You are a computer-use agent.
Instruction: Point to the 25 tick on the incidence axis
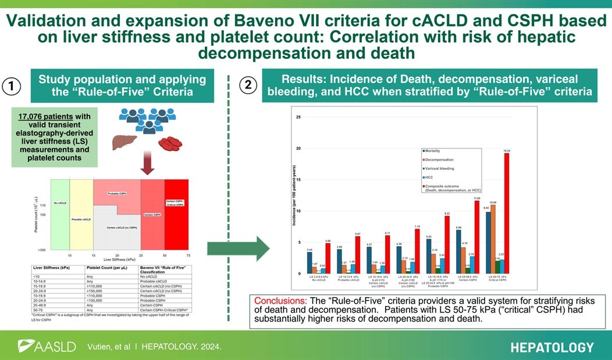tap(298, 117)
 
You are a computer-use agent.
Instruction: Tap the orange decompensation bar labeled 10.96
tap(494, 238)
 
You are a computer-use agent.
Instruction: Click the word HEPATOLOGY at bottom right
tap(552, 348)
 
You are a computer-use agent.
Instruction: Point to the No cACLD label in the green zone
tap(59, 202)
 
